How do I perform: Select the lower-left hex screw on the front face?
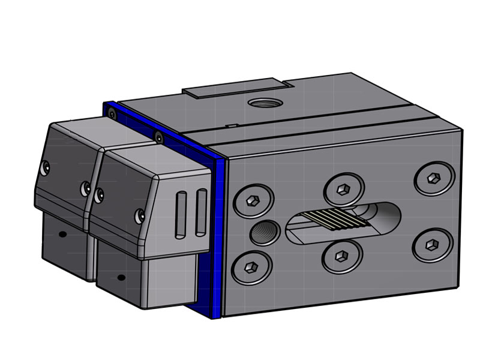(252, 266)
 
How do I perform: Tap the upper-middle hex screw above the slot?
(344, 190)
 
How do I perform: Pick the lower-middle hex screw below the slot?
(342, 257)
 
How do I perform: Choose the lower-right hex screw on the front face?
(432, 244)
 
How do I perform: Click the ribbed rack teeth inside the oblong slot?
(327, 221)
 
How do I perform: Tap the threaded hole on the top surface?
(262, 103)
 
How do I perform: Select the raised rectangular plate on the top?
(237, 89)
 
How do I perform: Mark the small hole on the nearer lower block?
(121, 277)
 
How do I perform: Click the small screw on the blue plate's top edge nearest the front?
(158, 137)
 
